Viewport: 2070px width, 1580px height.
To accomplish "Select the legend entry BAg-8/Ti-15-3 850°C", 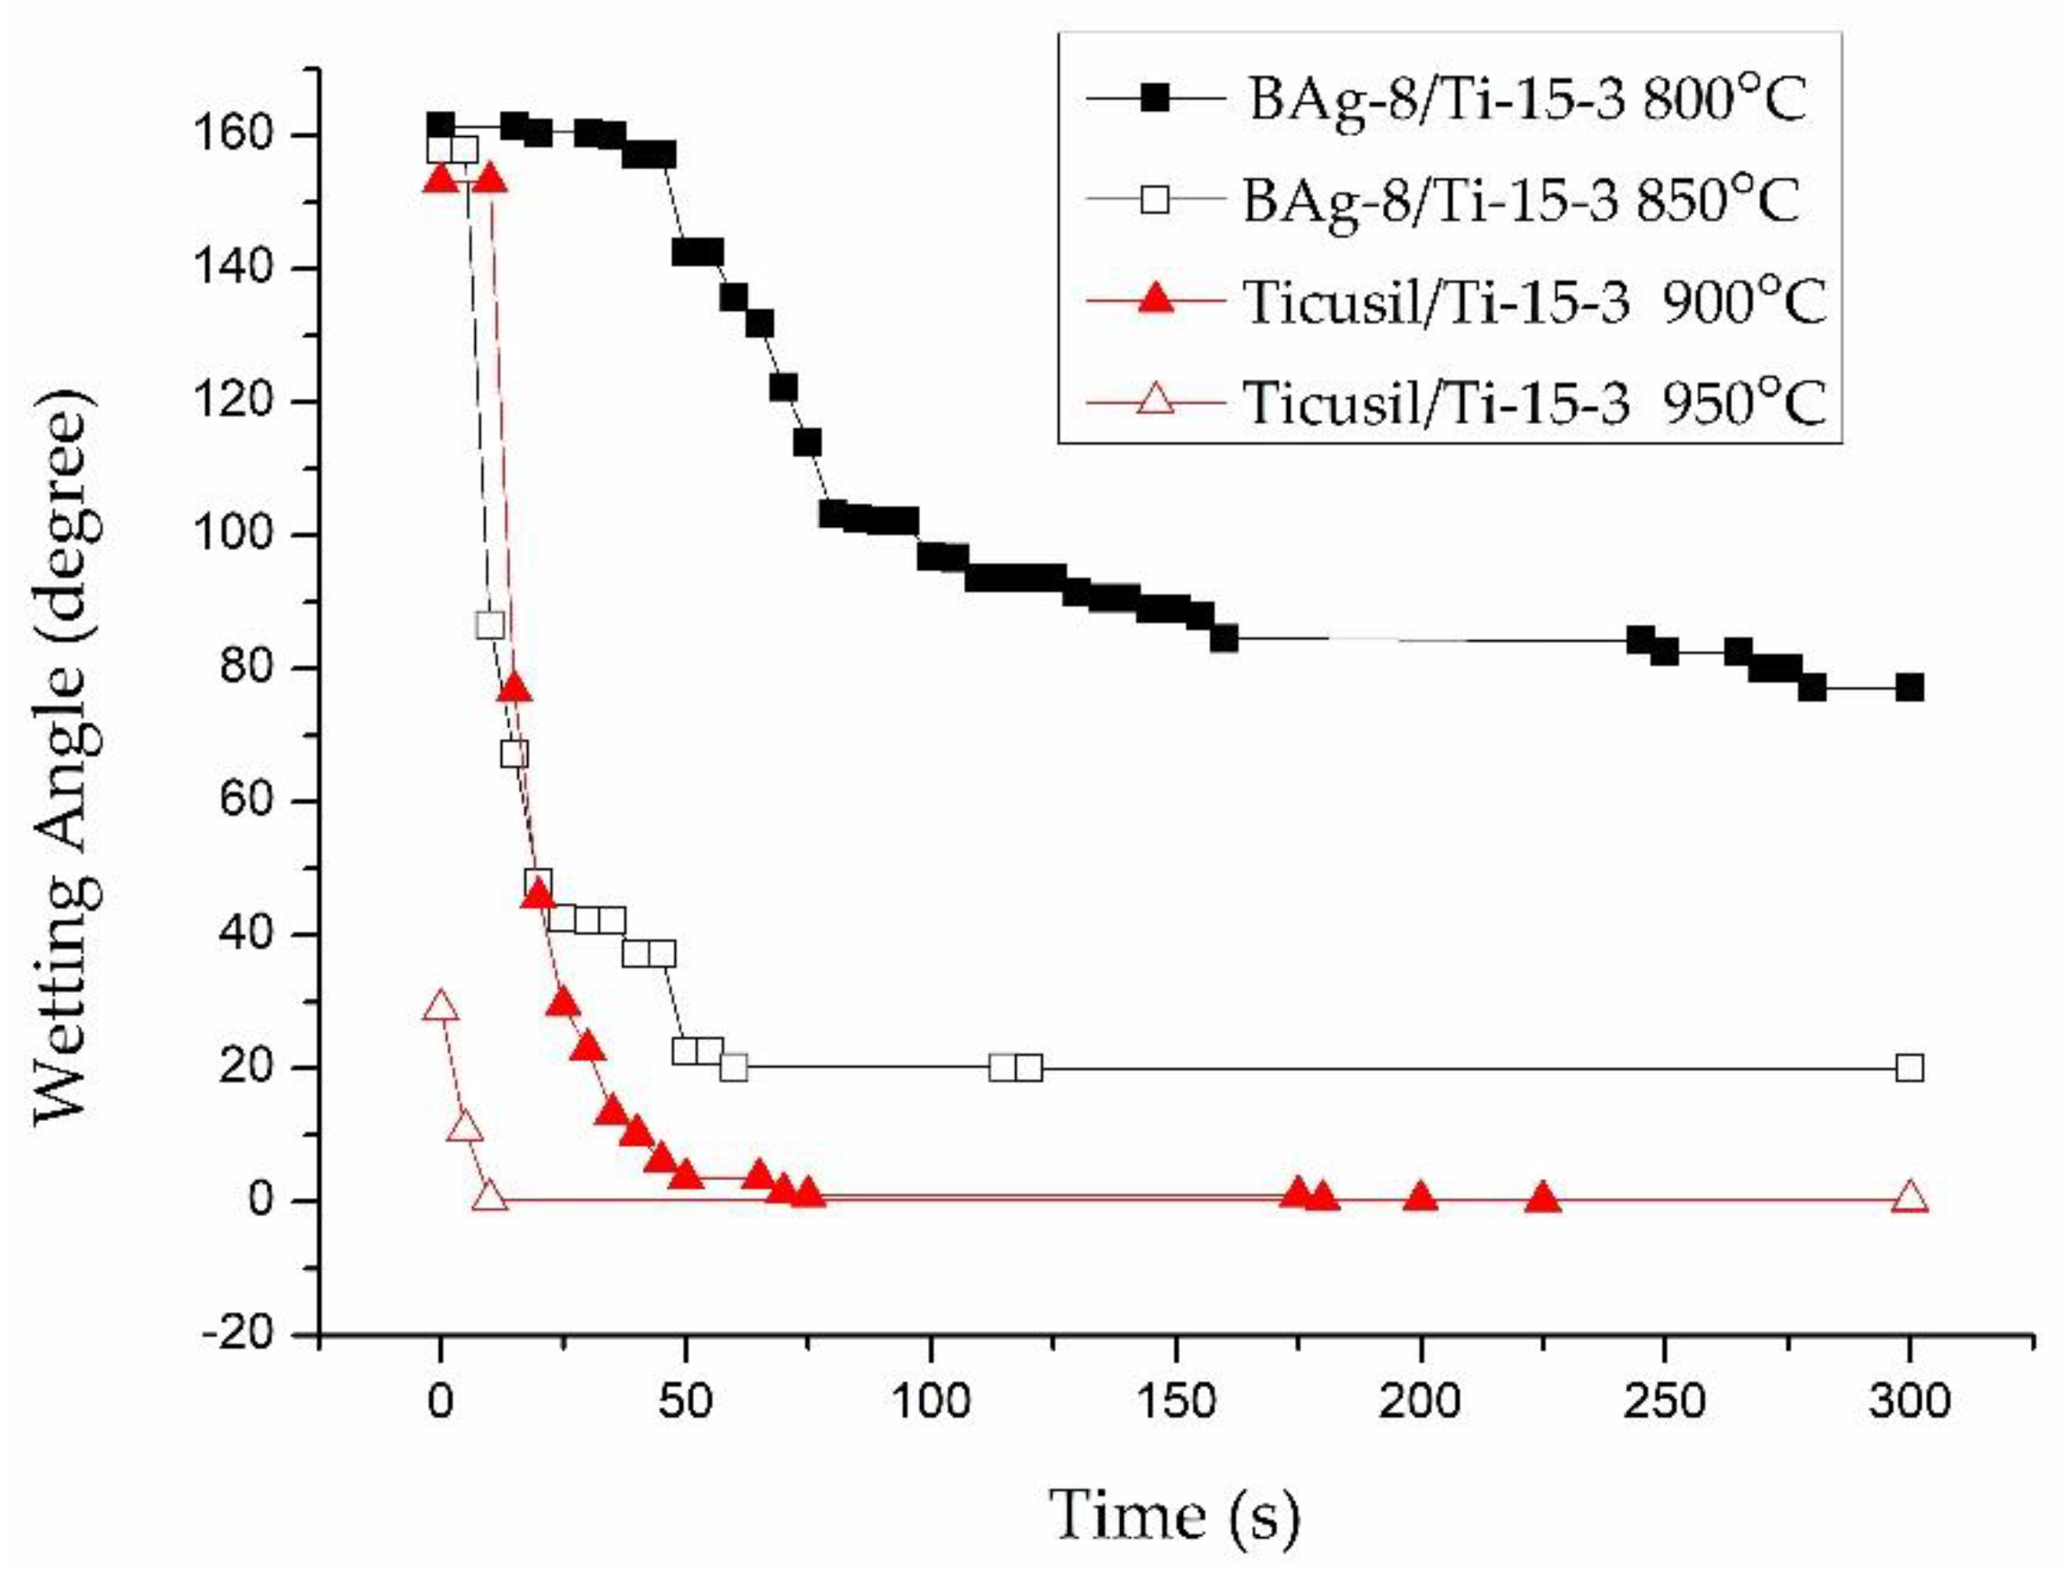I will [1521, 200].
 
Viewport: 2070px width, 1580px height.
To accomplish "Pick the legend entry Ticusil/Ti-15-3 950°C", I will [1534, 402].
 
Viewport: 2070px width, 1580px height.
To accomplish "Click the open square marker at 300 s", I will [1909, 1068].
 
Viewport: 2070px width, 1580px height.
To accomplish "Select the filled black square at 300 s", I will [1909, 687].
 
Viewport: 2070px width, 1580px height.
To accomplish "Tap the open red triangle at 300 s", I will [1909, 1198].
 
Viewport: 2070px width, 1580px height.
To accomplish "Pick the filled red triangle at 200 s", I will [1420, 1198].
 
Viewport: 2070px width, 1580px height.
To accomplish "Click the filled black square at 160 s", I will [1224, 639].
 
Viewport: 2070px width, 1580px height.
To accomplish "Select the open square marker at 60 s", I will [734, 1068].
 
